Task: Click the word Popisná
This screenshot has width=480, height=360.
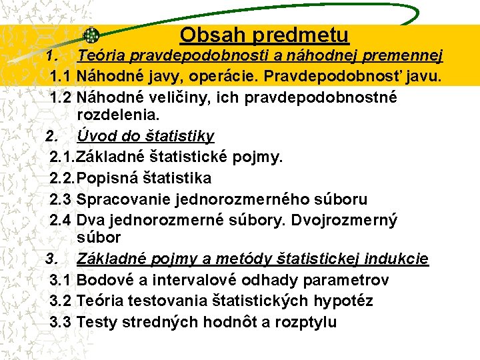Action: pos(107,178)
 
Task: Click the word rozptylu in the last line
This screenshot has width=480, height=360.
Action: pos(305,322)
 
